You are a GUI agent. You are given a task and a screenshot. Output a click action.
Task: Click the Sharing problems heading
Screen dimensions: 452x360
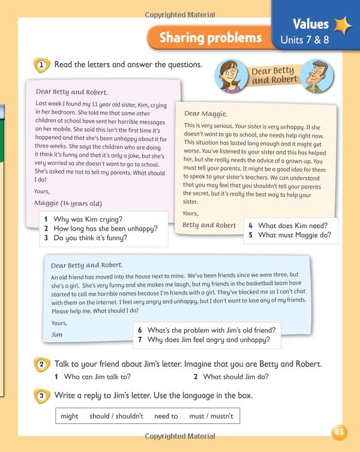click(210, 38)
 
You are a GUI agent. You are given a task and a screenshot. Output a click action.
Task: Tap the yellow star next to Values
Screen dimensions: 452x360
click(343, 25)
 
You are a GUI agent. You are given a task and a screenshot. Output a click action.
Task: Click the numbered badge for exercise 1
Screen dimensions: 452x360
click(41, 65)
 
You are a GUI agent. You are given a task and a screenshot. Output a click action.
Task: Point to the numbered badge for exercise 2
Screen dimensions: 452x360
click(41, 364)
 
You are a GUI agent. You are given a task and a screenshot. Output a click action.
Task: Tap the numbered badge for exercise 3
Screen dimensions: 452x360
click(41, 396)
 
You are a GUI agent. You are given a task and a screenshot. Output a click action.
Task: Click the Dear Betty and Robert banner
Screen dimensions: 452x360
click(273, 76)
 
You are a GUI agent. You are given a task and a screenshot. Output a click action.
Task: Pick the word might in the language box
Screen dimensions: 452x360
click(70, 416)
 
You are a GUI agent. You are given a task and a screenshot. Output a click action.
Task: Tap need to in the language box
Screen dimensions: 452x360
click(166, 416)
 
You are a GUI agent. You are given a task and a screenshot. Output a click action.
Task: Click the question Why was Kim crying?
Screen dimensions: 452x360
click(88, 219)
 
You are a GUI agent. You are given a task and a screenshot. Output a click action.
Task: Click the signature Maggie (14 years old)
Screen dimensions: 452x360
click(68, 203)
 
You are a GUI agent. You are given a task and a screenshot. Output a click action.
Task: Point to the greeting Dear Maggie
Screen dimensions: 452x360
click(206, 113)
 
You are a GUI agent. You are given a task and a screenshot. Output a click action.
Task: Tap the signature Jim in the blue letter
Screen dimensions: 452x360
click(58, 334)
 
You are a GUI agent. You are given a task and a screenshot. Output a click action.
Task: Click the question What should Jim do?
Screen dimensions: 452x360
click(236, 377)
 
